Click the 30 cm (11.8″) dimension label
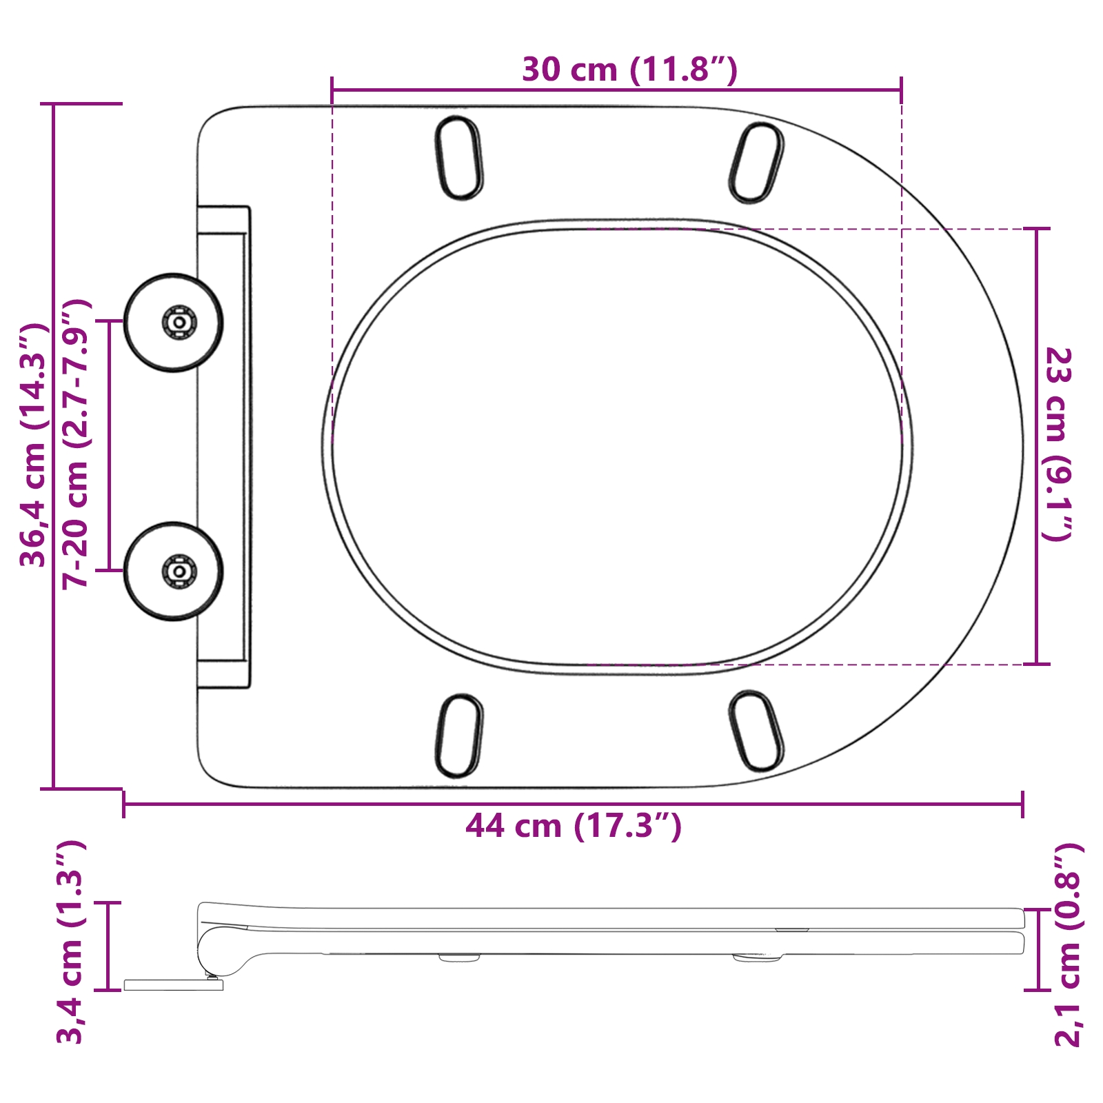(629, 70)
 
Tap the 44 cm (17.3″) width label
(574, 825)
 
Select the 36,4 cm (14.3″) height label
(33, 445)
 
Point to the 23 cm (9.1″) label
(1058, 445)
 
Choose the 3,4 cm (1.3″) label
(70, 942)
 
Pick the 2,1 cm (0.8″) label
(1069, 945)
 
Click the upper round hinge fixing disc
(173, 323)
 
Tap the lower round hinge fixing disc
(173, 571)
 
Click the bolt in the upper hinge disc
(179, 322)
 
